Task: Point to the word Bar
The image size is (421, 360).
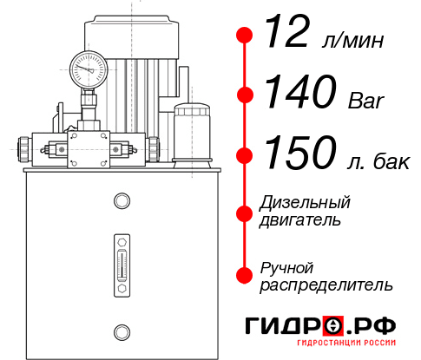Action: [x=366, y=101]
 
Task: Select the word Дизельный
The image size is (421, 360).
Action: [x=306, y=203]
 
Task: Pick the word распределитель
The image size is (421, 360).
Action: [x=326, y=285]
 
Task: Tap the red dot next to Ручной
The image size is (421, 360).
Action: [x=245, y=274]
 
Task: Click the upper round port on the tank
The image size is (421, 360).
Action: [x=122, y=201]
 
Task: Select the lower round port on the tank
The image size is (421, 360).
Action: [x=122, y=331]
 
